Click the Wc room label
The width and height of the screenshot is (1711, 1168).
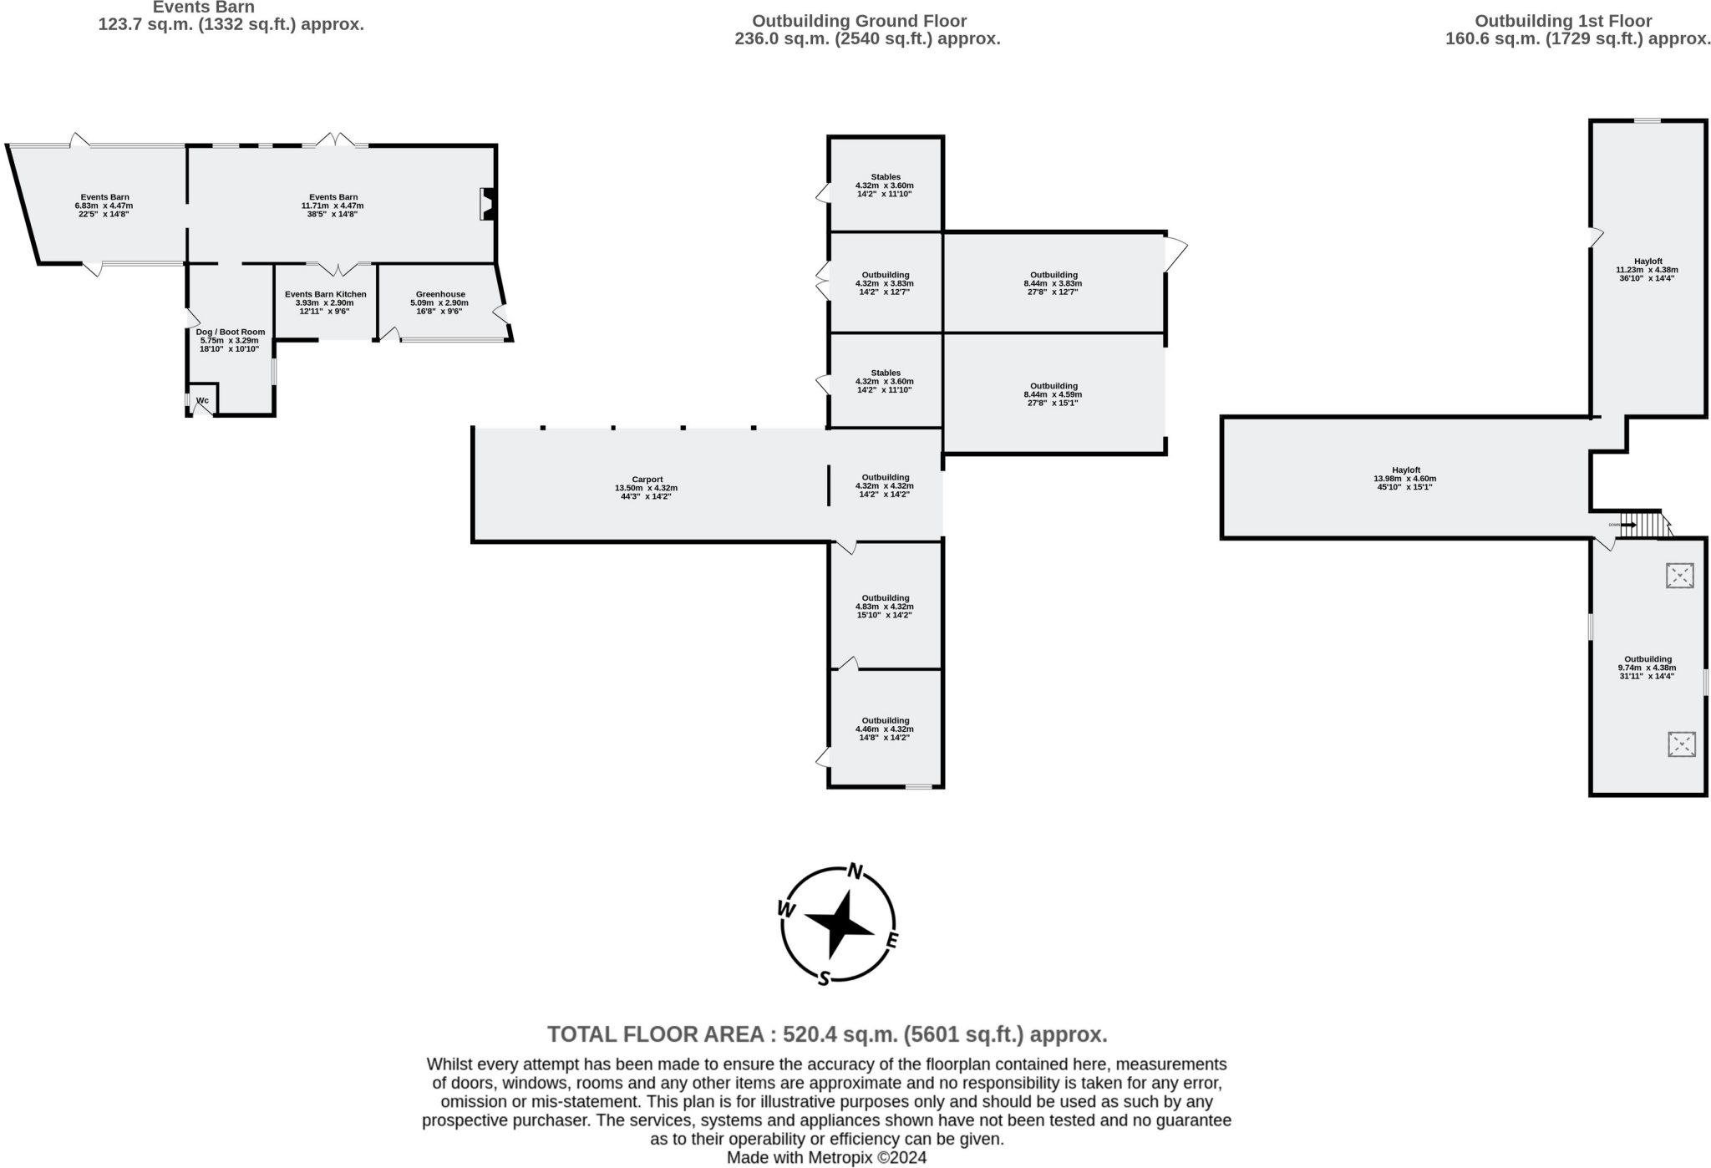pos(202,400)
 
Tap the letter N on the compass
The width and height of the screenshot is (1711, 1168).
pos(855,871)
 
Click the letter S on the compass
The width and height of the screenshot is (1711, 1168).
pos(824,978)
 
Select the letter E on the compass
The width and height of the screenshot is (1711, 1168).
pos(891,942)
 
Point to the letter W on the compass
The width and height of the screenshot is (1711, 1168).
pos(786,909)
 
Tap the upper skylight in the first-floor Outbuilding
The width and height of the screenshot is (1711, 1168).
pos(1679,575)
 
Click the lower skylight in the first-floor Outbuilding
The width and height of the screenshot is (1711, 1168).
pos(1681,744)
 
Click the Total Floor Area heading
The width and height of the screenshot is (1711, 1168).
pos(826,1034)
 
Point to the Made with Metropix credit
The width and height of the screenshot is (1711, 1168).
pos(826,1157)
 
